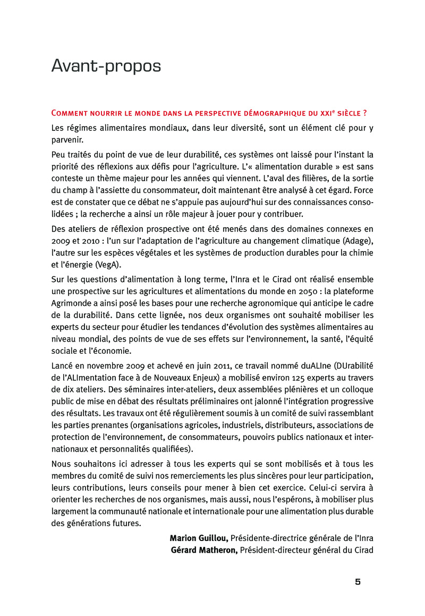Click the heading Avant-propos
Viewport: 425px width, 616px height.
(x=106, y=66)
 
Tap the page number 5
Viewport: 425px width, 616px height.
(x=358, y=581)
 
